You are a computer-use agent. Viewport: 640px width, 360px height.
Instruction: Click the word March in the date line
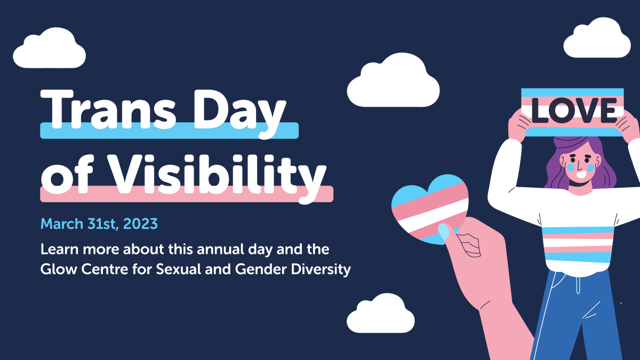[61, 223]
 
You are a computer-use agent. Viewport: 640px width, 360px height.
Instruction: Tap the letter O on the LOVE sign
[565, 111]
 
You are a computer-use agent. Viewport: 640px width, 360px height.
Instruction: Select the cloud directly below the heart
[380, 315]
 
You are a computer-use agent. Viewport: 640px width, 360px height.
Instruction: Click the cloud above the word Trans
[49, 49]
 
